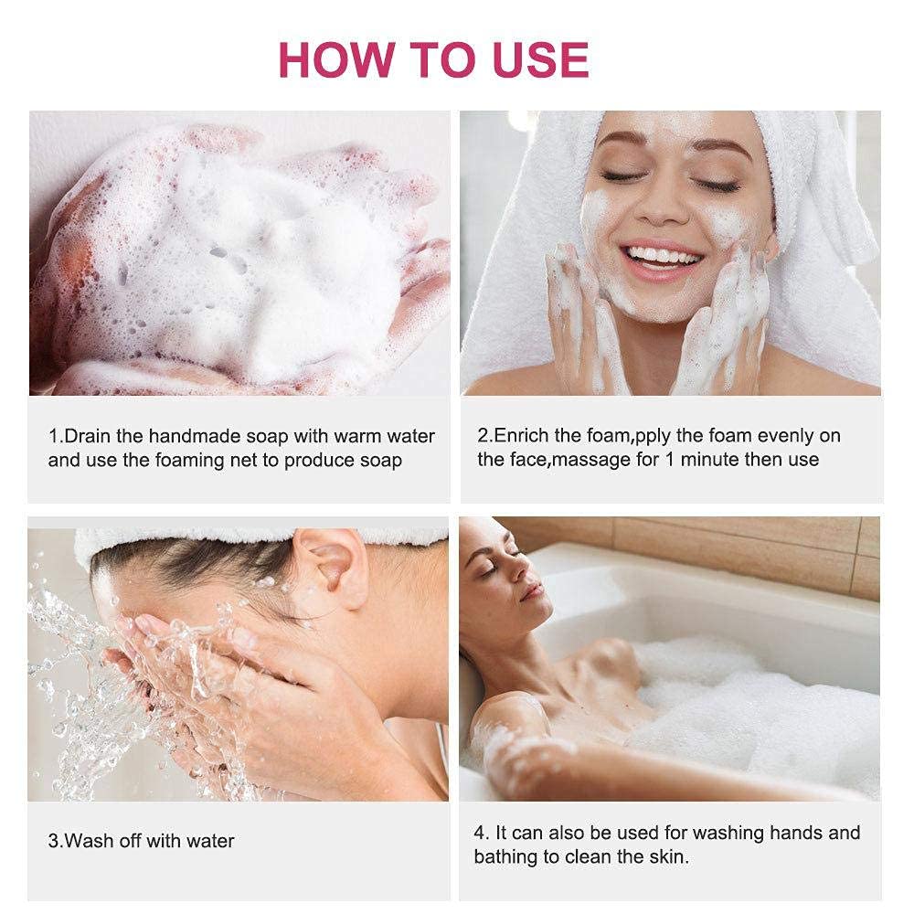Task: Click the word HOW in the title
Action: pos(336,59)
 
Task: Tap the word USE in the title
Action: pos(540,59)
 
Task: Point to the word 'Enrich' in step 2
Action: pos(522,435)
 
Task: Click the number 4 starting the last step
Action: pos(479,833)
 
